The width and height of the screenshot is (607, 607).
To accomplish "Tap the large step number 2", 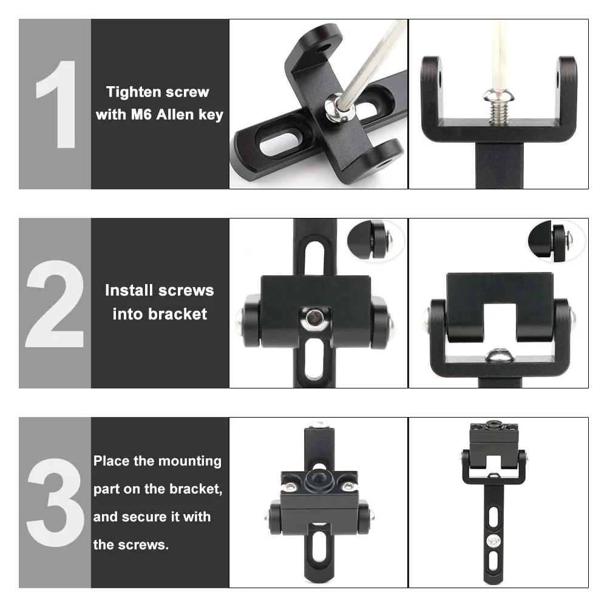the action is point(55,303).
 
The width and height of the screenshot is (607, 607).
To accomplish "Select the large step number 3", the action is point(55,503).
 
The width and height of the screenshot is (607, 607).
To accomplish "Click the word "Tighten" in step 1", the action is point(131,92).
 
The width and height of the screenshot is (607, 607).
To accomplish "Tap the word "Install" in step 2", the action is point(129,290).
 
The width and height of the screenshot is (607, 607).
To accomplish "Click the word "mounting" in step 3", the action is point(189,461).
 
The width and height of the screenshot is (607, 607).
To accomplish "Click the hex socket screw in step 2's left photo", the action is point(315,318).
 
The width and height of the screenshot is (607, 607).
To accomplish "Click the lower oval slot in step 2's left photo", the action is point(314,359).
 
